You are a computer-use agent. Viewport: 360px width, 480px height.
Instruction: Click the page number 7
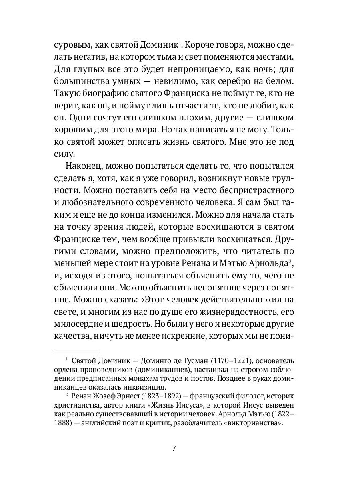pyautogui.click(x=174, y=448)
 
